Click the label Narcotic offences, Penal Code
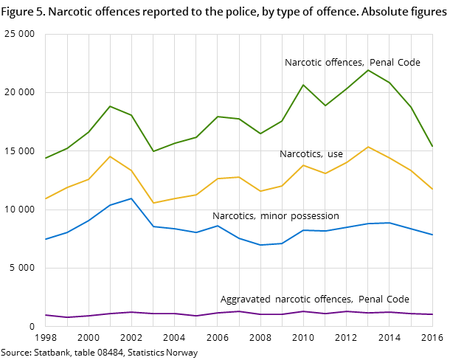[352, 63]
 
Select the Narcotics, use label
[311, 154]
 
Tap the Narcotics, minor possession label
[275, 216]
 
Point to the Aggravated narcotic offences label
[314, 300]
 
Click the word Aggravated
[246, 300]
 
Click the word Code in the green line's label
[409, 63]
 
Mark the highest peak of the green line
[368, 70]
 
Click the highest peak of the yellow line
[368, 147]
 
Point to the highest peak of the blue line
[131, 198]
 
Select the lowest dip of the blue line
[260, 245]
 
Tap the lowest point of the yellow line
[153, 203]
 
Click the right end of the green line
[432, 146]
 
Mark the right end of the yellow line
[432, 189]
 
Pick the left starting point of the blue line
[45, 239]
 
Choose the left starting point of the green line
[45, 159]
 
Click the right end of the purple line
[432, 314]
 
